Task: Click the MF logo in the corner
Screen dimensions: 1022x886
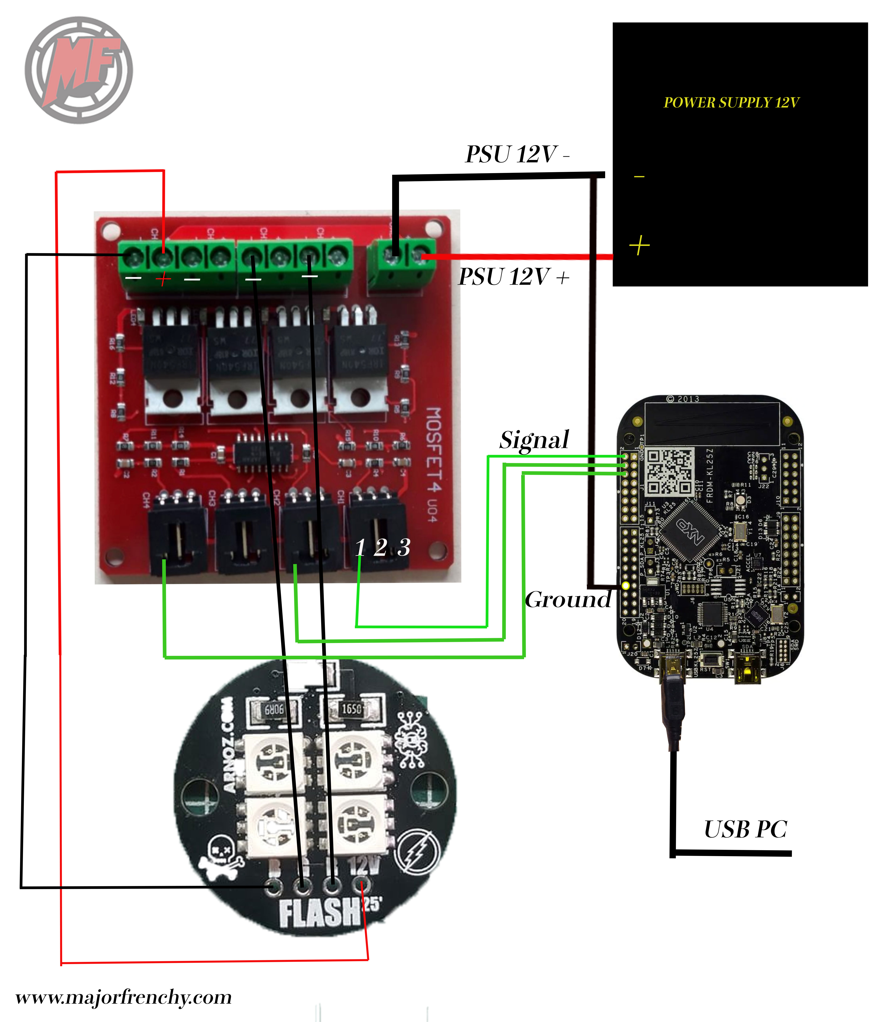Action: (79, 70)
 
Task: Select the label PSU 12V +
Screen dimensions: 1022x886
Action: (514, 277)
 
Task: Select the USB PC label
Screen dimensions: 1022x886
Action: (745, 830)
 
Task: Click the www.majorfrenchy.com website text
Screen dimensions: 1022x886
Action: (124, 997)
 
